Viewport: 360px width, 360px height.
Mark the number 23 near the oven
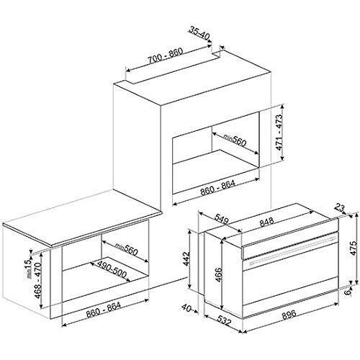(341, 208)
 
